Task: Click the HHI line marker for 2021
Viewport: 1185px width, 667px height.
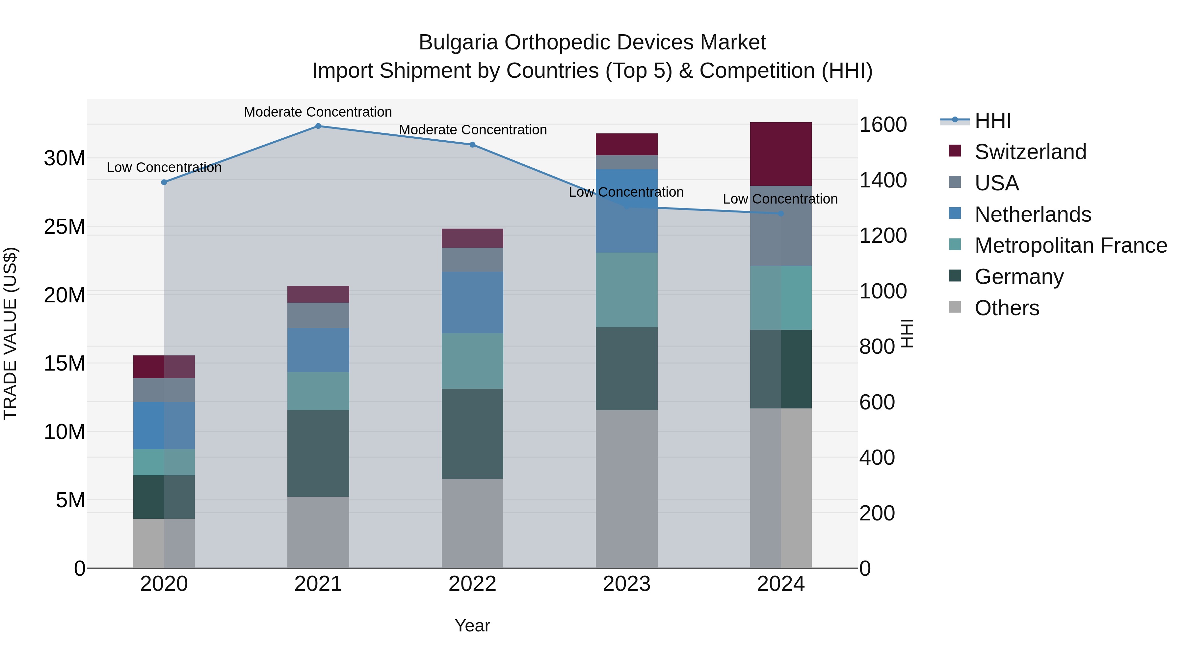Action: tap(318, 126)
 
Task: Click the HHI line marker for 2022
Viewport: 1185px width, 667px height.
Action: tap(472, 145)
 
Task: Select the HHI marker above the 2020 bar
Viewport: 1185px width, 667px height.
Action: tap(164, 182)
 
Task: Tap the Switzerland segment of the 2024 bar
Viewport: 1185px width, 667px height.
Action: tap(781, 154)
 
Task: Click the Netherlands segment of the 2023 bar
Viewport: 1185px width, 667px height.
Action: tap(626, 211)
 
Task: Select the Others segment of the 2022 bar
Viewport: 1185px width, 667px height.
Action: tap(472, 523)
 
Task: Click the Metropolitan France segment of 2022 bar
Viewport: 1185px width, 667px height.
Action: tap(472, 361)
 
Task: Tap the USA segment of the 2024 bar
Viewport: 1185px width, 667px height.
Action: tap(781, 226)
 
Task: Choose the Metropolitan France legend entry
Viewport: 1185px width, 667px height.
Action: tap(1070, 245)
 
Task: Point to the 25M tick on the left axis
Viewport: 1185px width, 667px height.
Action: tap(65, 227)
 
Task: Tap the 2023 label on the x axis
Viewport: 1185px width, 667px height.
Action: tap(626, 584)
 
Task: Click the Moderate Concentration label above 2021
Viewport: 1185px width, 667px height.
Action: tap(318, 112)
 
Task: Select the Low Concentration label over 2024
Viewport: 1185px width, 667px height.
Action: tap(780, 199)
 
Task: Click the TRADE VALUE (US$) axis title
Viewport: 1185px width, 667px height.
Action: tap(10, 333)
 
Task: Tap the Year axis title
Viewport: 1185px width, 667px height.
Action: tap(472, 625)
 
